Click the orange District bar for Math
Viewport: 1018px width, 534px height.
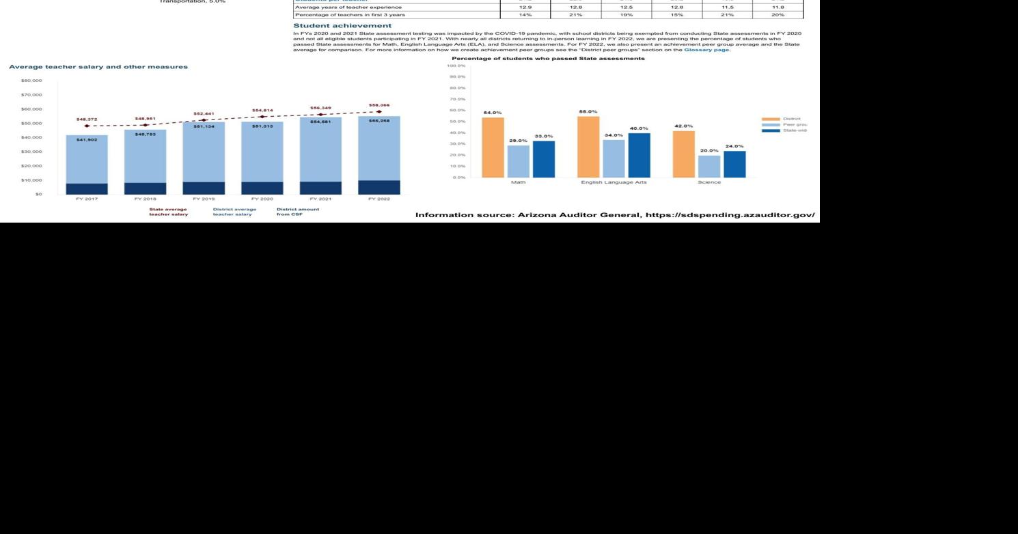click(493, 147)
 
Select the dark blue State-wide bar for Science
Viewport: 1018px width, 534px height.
click(734, 164)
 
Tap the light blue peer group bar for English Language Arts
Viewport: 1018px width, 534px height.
click(614, 158)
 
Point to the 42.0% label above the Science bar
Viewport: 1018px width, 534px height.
click(683, 126)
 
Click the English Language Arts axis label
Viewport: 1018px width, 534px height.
click(613, 182)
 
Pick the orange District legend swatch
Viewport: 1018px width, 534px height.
click(771, 119)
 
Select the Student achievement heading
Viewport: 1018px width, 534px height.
click(342, 26)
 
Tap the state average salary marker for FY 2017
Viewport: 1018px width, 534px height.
click(86, 126)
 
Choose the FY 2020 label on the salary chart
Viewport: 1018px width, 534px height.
click(262, 199)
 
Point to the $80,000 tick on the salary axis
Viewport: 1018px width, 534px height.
click(31, 81)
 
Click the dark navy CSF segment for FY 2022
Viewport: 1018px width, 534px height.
click(379, 187)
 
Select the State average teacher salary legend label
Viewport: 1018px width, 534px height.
click(169, 212)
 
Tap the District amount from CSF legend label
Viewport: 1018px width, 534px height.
click(297, 212)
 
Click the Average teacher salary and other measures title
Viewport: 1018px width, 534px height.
click(98, 67)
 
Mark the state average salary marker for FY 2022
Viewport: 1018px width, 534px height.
click(379, 111)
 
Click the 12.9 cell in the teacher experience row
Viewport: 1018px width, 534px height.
click(525, 8)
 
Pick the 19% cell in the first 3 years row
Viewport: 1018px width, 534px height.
click(626, 14)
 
